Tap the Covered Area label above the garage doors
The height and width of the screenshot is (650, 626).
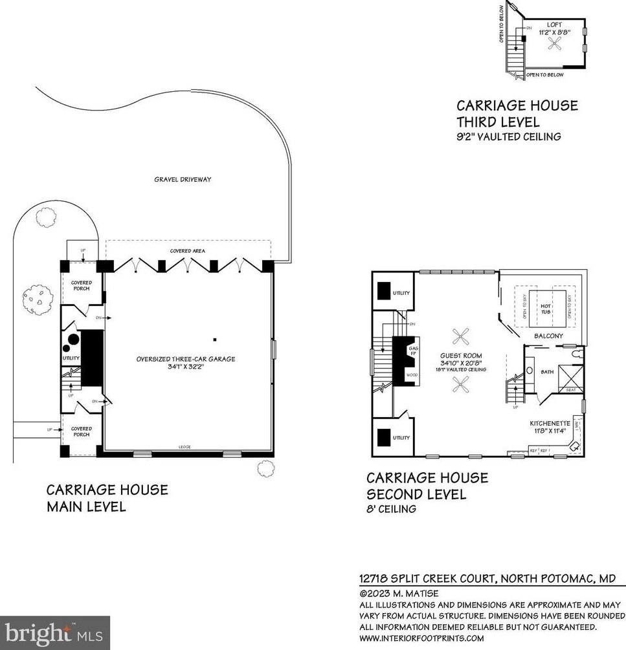point(188,250)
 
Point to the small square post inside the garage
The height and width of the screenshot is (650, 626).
point(215,339)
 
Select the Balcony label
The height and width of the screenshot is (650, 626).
point(548,336)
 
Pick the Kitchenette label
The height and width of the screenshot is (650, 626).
point(550,423)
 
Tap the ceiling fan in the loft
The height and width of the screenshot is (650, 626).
point(555,43)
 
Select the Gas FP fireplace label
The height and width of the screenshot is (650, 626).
point(413,352)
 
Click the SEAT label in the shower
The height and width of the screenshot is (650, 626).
point(570,389)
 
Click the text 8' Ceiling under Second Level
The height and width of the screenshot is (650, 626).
point(391,509)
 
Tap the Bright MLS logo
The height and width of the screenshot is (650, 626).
point(55,632)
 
